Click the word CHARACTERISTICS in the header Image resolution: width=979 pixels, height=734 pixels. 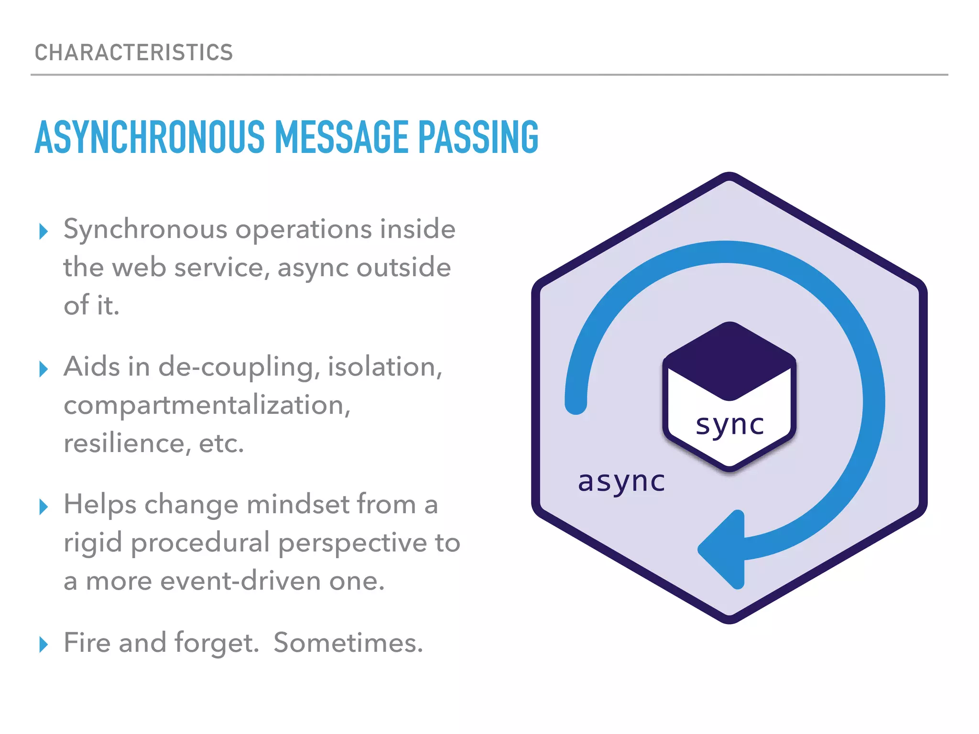(134, 53)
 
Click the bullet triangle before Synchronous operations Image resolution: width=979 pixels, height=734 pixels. (44, 231)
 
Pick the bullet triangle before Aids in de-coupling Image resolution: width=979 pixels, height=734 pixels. (44, 369)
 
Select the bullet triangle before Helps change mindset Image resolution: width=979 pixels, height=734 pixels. (44, 507)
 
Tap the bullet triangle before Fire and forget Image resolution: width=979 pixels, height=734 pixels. (44, 644)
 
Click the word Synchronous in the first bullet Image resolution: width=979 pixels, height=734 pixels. (145, 230)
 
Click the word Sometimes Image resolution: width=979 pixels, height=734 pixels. (348, 643)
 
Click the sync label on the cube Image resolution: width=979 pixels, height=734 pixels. (729, 424)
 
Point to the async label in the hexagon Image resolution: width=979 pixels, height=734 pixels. (621, 481)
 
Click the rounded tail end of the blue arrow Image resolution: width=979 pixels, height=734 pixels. (576, 404)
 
